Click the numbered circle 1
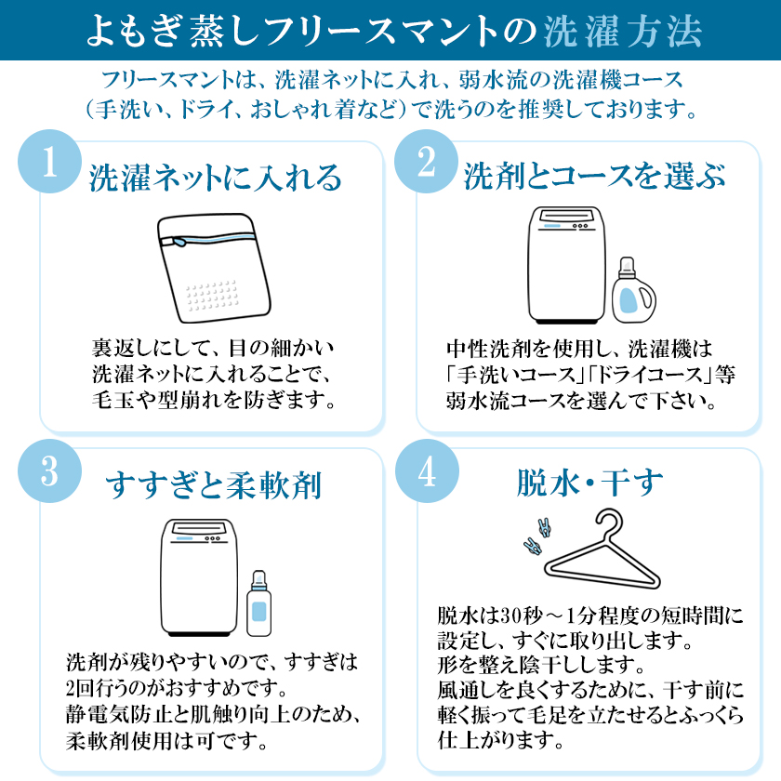click(x=50, y=162)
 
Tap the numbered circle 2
click(x=427, y=162)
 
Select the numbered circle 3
click(x=50, y=470)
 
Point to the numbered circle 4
click(x=427, y=470)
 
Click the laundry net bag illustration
click(x=214, y=268)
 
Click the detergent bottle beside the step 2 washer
click(x=633, y=290)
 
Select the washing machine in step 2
click(x=567, y=266)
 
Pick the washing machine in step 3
click(x=199, y=577)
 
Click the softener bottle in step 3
click(x=259, y=603)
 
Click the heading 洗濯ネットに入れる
click(x=215, y=178)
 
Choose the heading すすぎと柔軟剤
click(x=213, y=484)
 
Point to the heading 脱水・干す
click(x=589, y=483)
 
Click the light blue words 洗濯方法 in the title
click(x=623, y=31)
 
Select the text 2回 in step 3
click(x=80, y=688)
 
